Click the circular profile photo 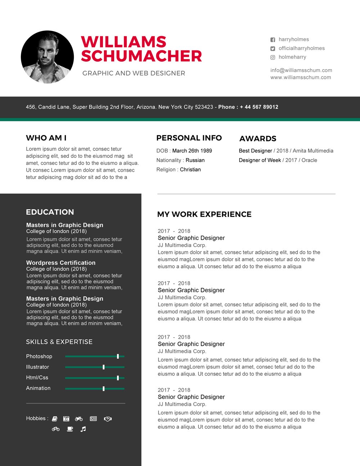point(47,57)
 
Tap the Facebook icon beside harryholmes point(273,40)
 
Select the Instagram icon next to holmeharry point(273,57)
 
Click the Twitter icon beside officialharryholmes point(273,49)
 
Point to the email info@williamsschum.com point(301,70)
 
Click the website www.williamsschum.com point(301,77)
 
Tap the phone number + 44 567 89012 point(259,107)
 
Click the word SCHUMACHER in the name point(141,56)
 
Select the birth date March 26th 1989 point(192,151)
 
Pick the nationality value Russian point(195,160)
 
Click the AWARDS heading point(258,139)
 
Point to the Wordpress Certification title point(61,263)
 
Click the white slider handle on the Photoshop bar point(118,356)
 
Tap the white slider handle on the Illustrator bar point(104,367)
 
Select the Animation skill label point(38,388)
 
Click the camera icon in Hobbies point(66,419)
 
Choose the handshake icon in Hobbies point(108,419)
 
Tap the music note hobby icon point(83,429)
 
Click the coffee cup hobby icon point(70,429)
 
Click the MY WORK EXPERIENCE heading point(204,214)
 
